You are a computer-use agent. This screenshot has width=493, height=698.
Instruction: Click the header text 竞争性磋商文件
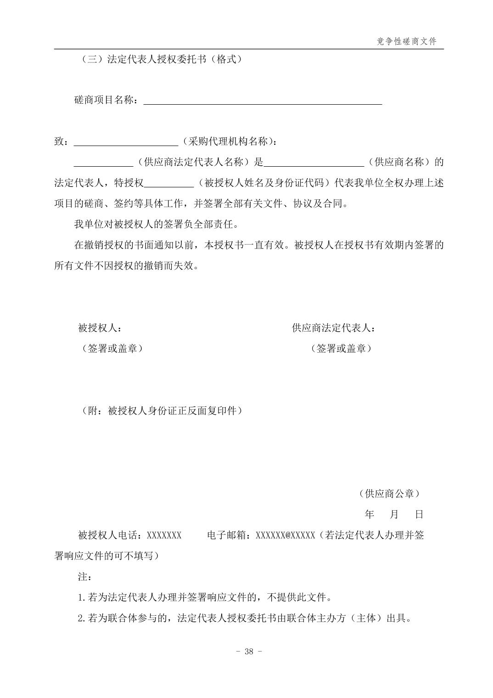tap(406, 41)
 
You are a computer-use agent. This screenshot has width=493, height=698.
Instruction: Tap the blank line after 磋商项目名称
tap(263, 102)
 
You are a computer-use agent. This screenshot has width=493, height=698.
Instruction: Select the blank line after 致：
tap(126, 143)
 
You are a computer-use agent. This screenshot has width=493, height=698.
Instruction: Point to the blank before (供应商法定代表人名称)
tap(103, 164)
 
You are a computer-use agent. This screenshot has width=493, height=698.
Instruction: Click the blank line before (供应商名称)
tap(314, 164)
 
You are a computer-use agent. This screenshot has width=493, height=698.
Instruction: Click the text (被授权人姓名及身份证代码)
tap(264, 183)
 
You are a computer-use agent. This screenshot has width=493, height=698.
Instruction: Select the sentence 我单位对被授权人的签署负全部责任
tap(156, 225)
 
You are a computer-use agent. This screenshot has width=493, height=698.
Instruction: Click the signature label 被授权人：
tap(100, 328)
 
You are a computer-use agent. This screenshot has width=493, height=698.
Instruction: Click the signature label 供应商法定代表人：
tap(334, 328)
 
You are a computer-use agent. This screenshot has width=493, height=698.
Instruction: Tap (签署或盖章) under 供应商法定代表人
tap(341, 349)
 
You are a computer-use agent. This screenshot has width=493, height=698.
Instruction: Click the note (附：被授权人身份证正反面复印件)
tap(160, 411)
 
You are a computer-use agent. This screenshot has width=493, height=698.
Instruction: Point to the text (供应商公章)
tap(389, 494)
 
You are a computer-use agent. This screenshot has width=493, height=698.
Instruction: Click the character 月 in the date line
tap(394, 514)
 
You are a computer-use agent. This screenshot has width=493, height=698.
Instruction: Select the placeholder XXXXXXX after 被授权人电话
tap(164, 535)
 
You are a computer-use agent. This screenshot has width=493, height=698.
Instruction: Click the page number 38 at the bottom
tap(249, 652)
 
